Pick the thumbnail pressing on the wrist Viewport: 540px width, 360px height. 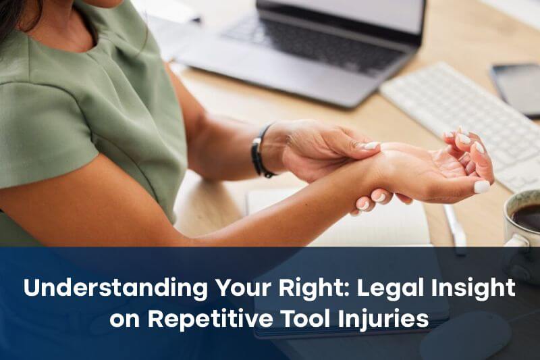coord(371,146)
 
